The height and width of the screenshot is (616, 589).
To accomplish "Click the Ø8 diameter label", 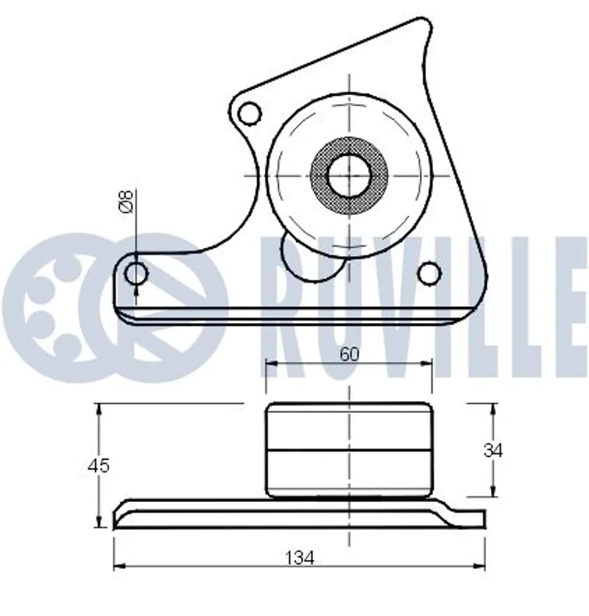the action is (x=127, y=201).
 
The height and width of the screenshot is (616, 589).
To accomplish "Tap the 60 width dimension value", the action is (x=349, y=354).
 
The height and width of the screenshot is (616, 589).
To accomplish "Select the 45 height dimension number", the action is (x=98, y=466).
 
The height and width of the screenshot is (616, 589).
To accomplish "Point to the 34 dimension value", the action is (x=493, y=450).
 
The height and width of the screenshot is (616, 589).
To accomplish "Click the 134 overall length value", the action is (x=300, y=558).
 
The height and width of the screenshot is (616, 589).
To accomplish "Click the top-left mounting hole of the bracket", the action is (x=250, y=113).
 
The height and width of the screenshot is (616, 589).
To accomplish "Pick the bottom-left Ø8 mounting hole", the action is (x=136, y=274).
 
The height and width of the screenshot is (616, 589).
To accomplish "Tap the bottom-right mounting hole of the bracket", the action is (x=429, y=273).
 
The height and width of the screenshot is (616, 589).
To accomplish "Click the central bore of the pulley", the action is (x=349, y=175).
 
